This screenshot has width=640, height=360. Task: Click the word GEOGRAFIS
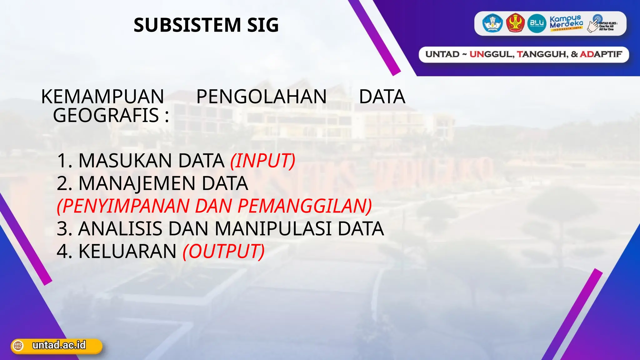tap(106, 115)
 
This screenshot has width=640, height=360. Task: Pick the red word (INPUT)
tap(262, 161)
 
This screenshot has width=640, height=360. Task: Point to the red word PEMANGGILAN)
tap(305, 206)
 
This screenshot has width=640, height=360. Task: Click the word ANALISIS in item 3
tap(120, 228)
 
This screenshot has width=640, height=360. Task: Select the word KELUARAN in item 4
tap(127, 251)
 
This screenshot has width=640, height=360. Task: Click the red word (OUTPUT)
tap(224, 251)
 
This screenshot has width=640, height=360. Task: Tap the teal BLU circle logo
tap(537, 23)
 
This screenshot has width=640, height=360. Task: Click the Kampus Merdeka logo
tap(566, 23)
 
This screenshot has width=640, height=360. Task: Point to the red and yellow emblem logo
tap(515, 23)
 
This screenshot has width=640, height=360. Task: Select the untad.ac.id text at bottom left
tap(59, 345)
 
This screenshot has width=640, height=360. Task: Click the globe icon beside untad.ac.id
tap(18, 346)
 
